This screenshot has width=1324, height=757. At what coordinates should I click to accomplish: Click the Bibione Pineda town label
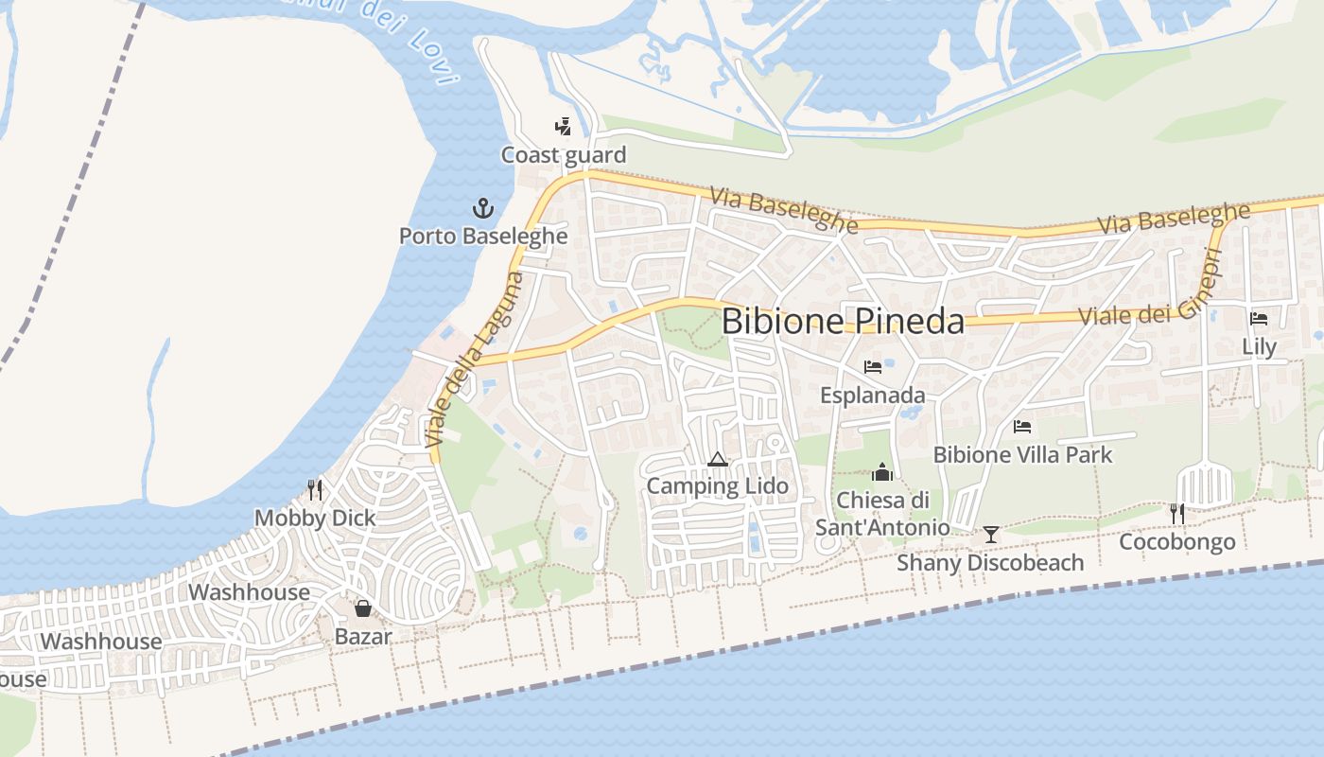843,322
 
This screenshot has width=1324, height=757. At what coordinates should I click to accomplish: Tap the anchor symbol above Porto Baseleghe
483,209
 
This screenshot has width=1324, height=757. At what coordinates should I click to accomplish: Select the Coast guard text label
564,155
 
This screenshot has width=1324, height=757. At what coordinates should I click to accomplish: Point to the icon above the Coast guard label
563,126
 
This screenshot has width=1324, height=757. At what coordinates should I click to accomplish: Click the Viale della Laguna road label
475,361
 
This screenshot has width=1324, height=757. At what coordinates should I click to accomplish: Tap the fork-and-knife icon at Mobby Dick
315,489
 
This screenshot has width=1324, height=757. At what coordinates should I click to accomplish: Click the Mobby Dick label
315,519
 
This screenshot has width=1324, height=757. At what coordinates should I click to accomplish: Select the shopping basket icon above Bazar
362,607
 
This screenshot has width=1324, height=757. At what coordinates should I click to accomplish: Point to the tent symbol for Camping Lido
717,460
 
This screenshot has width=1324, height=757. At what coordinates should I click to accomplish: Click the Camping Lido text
717,486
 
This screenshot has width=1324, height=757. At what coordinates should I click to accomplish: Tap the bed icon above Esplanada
873,367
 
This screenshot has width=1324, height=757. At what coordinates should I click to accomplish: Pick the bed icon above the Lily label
1259,319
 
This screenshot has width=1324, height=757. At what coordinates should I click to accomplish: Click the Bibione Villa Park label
1022,455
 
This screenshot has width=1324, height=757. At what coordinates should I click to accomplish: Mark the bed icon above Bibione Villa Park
1022,427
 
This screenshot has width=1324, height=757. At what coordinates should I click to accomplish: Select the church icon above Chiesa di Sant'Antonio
882,471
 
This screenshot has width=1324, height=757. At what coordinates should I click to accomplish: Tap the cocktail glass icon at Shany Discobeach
990,535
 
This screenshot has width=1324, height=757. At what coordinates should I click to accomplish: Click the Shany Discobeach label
990,563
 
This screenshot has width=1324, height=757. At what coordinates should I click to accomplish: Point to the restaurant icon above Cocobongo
1177,514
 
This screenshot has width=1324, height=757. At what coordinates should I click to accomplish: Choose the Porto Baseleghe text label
483,236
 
